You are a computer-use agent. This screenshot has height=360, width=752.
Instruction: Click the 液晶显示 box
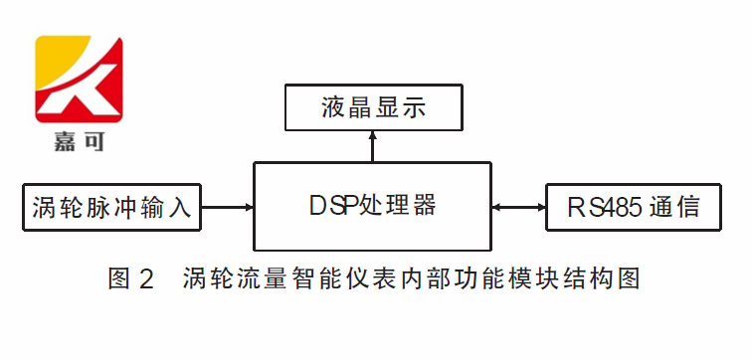[373, 107]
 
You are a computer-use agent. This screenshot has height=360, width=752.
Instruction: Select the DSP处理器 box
[373, 207]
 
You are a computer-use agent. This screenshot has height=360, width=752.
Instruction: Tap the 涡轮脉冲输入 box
[111, 208]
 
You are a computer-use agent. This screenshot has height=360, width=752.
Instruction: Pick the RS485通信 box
[633, 208]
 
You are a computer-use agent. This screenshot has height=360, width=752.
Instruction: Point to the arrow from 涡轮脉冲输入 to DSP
[228, 208]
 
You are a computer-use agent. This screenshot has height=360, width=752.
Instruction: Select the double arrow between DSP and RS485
[518, 208]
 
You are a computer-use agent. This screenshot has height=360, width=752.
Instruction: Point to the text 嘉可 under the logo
[78, 142]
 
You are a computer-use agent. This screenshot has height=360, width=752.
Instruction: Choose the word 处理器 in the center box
[401, 207]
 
